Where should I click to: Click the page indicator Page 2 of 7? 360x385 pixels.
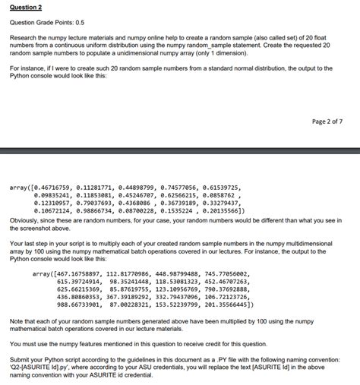[x=327, y=121]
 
